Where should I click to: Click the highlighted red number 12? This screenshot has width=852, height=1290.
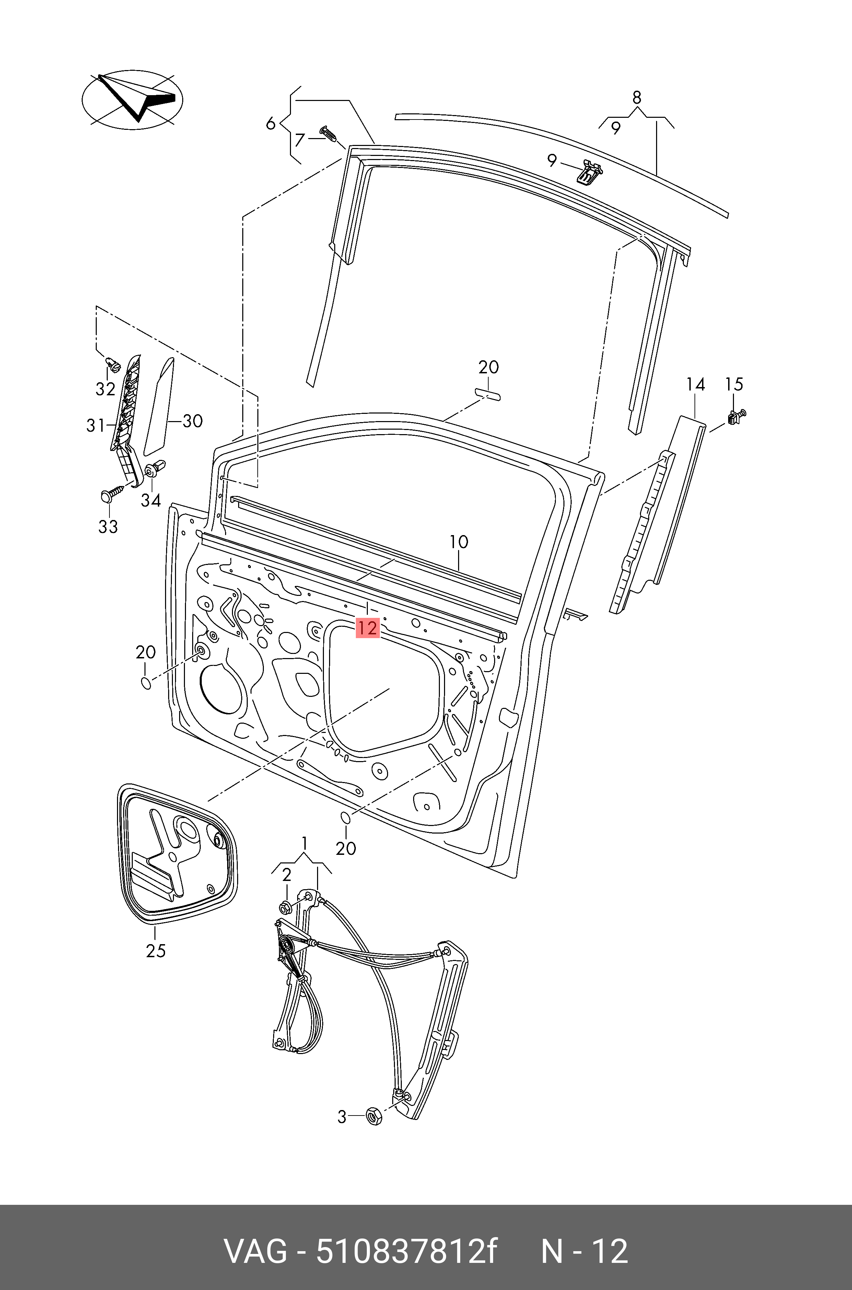[367, 628]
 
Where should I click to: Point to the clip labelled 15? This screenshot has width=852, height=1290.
[735, 417]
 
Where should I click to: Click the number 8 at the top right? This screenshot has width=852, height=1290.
[637, 97]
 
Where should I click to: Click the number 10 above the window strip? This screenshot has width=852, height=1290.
[459, 542]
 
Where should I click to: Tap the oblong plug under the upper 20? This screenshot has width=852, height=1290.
[487, 394]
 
